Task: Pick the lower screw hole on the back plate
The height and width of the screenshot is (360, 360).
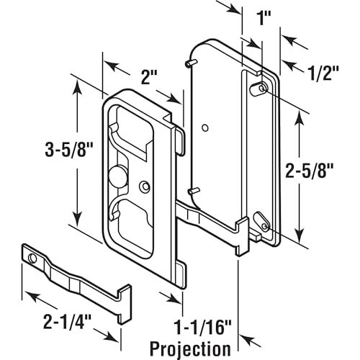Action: (x=260, y=221)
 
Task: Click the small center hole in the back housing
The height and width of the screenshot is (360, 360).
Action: (x=205, y=130)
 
